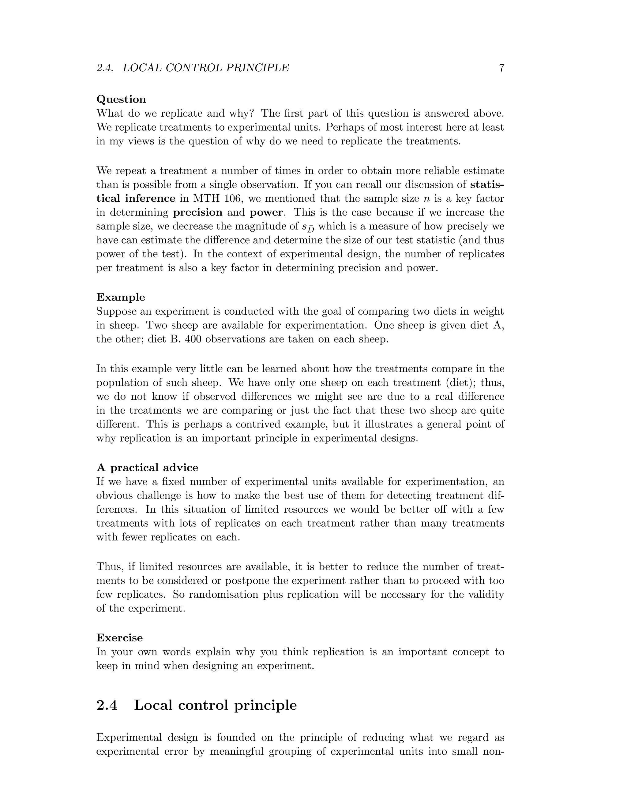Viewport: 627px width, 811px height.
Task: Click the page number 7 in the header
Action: (501, 68)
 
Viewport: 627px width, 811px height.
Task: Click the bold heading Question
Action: (121, 99)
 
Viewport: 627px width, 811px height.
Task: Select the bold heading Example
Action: (120, 297)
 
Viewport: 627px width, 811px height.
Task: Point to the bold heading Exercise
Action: (120, 638)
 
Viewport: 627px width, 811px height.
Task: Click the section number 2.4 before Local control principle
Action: (107, 705)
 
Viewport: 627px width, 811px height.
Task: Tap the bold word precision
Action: (198, 213)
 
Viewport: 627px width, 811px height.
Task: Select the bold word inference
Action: (150, 199)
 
